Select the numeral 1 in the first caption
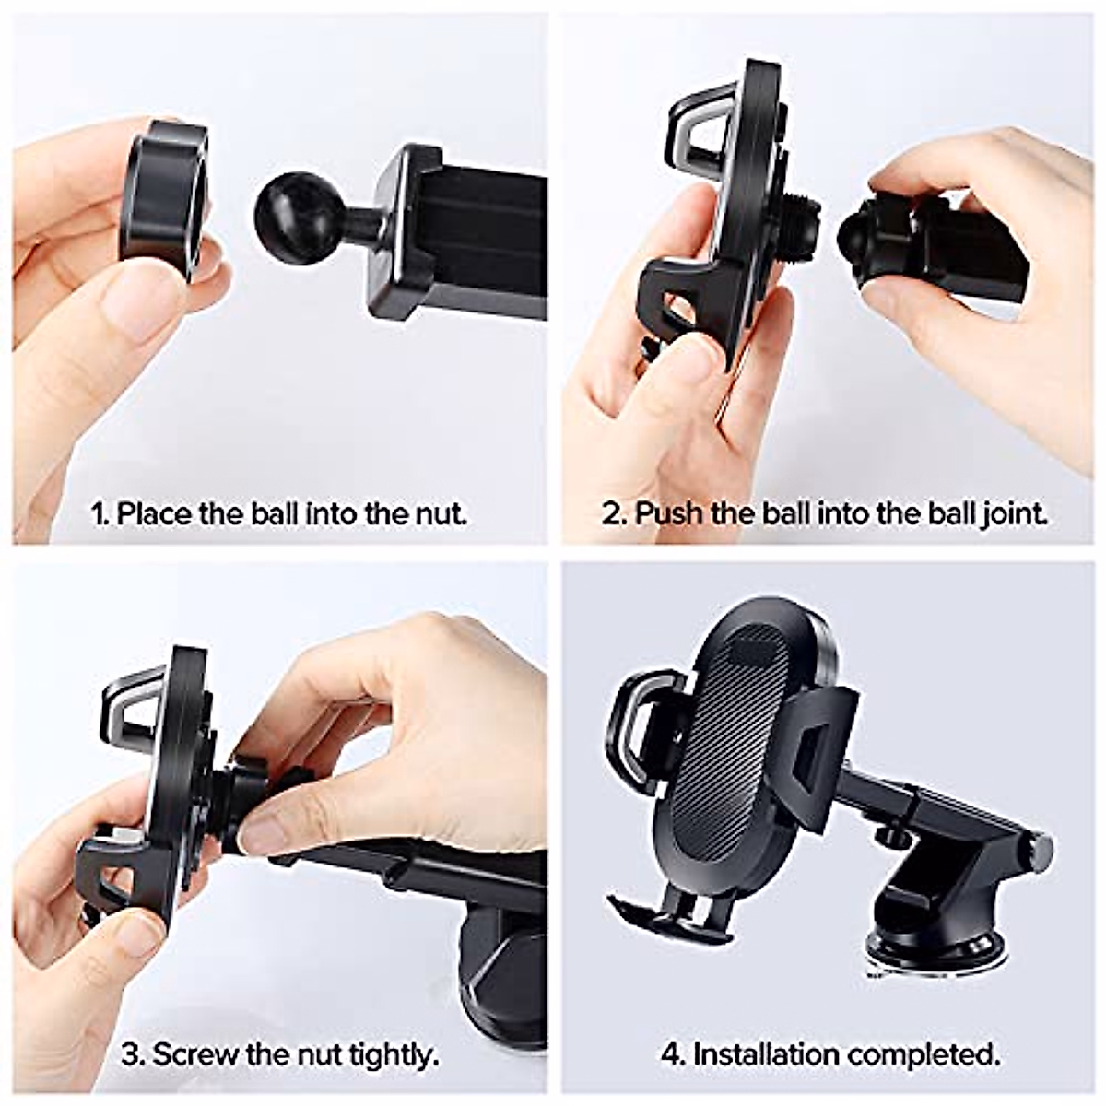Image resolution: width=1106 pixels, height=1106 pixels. point(99,512)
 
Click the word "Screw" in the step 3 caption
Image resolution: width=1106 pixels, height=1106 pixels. point(194,1053)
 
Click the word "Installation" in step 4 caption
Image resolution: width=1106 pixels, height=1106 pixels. point(766,1053)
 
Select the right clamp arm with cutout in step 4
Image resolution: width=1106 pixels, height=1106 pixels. point(820,747)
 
